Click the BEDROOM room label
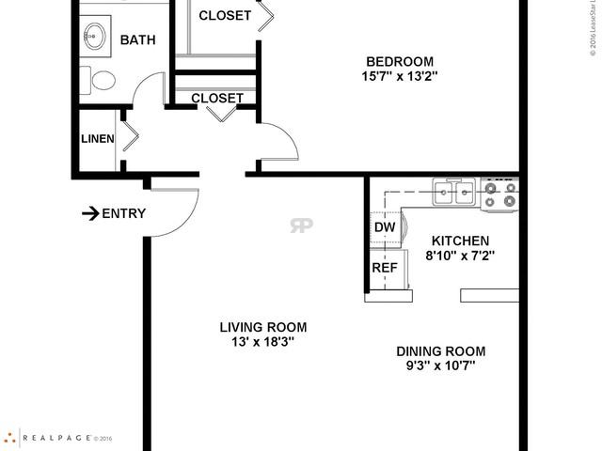coord(400,59)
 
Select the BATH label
coord(137,40)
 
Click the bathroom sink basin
coord(94,39)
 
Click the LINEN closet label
coord(97,139)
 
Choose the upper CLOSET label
coord(225,15)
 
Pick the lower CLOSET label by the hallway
coord(216,98)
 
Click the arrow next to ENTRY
coord(90,213)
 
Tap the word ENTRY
coord(124,213)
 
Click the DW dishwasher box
coord(385,227)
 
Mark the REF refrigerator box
coord(384,267)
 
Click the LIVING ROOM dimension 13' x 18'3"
coord(262,343)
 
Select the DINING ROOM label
coord(441,351)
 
